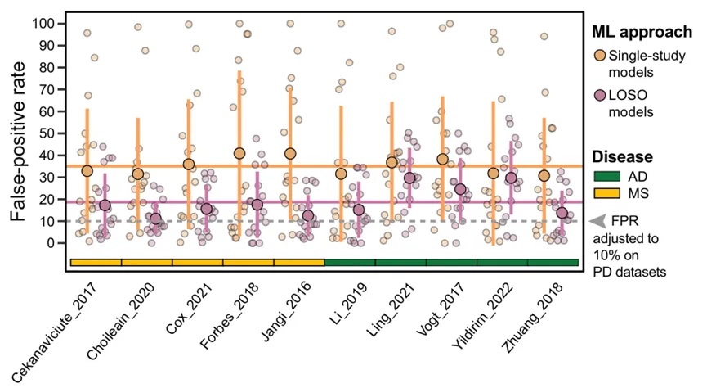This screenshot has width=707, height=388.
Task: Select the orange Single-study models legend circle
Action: pos(601,56)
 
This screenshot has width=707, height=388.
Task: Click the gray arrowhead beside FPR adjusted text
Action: pos(597,220)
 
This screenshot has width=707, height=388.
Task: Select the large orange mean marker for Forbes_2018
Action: pos(239,153)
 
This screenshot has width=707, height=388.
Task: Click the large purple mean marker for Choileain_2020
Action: pos(155,219)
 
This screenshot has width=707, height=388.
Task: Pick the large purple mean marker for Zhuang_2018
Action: pos(562,213)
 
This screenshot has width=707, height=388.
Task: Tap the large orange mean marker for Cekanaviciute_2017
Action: pos(87,170)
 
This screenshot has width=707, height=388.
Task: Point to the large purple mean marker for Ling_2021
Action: pos(409,178)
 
